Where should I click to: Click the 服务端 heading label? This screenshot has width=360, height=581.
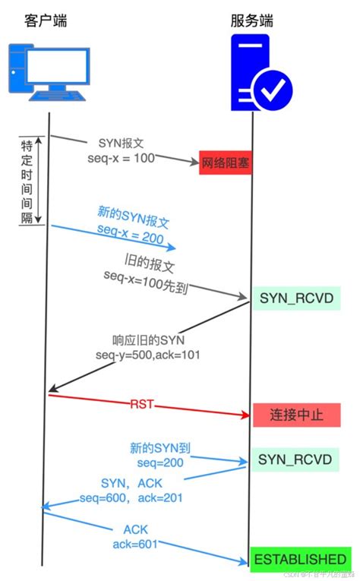point(254,20)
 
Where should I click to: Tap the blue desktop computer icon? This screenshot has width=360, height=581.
point(49,70)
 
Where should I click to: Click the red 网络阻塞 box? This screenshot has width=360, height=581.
point(225,163)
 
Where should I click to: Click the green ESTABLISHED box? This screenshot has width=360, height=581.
point(299,559)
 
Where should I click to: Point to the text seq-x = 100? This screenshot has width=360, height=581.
point(122,157)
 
